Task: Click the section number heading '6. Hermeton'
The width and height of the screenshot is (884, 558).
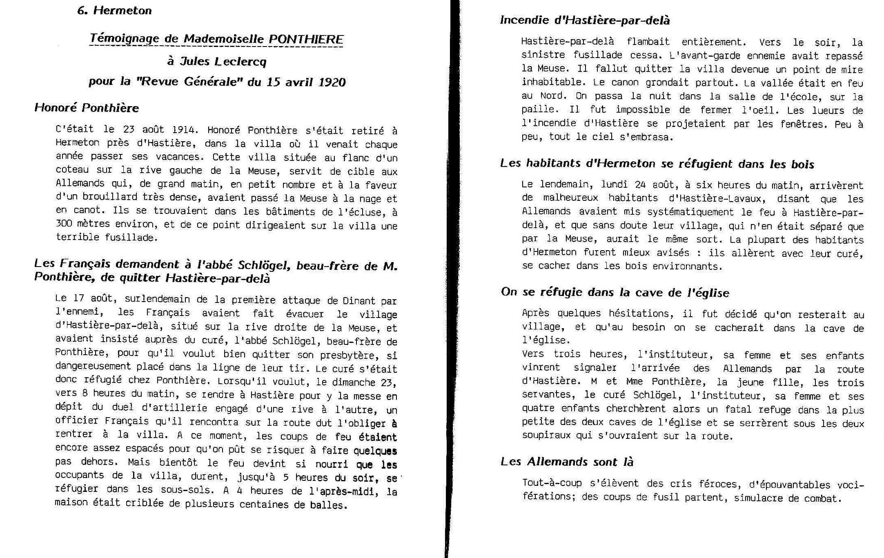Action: coord(114,11)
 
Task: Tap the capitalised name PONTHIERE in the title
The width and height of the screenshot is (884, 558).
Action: coord(306,39)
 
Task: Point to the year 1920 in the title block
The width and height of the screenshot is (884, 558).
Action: coord(332,82)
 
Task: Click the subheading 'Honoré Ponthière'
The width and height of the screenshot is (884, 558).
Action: coord(87,108)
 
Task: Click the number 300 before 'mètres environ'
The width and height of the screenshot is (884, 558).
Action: coord(65,224)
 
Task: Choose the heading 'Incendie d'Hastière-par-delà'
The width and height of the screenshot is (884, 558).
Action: coord(585,20)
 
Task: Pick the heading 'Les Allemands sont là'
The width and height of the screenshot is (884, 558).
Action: coord(567,462)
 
